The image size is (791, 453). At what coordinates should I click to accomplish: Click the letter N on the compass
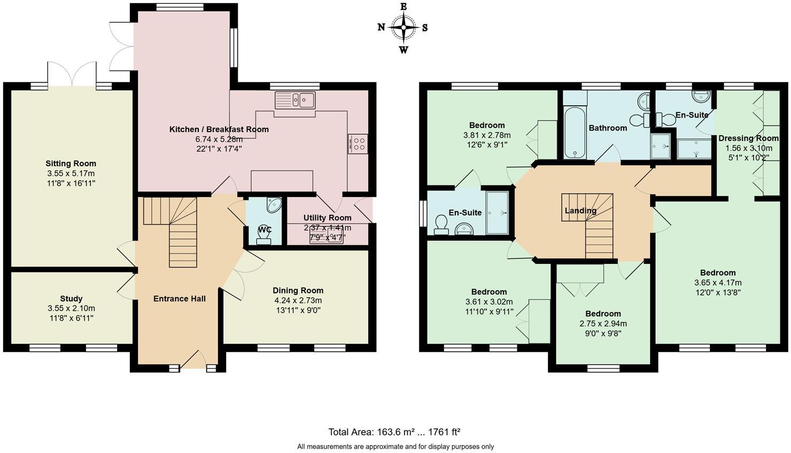coord(381,27)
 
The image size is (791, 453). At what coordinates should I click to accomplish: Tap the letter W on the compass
coord(404,50)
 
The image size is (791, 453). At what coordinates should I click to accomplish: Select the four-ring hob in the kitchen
coord(358,143)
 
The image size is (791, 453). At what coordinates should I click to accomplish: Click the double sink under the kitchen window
coord(295,99)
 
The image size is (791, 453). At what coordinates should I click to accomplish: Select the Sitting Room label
coord(71,163)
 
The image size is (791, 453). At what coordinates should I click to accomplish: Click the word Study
coord(71,299)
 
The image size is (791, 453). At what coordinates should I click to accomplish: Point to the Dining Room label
coord(298,290)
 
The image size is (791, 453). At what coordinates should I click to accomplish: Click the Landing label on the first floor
coord(580,210)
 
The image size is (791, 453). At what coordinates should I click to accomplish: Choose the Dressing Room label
coord(748,138)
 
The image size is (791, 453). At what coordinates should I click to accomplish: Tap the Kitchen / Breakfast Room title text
coord(219,129)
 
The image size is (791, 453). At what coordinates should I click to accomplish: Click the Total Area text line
coord(394,432)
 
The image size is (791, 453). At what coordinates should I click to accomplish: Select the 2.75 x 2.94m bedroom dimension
coord(603,323)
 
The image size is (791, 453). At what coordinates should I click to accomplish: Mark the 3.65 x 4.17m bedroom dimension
coord(718,283)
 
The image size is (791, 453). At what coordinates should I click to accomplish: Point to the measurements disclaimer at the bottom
coord(395,447)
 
